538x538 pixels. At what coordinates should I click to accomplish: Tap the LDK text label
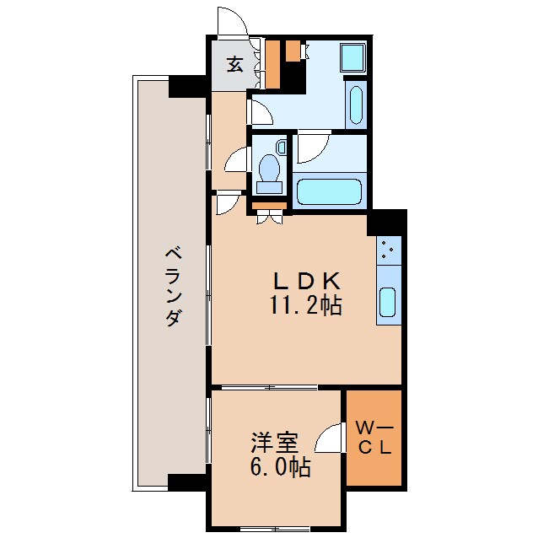305,281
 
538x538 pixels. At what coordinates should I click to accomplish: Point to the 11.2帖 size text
305,305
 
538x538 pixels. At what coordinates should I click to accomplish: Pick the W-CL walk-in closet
374,438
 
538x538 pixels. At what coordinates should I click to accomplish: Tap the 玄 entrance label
235,64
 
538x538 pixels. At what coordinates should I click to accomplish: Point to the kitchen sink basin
387,302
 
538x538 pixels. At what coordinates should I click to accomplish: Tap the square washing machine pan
352,57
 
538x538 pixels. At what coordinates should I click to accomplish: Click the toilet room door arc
235,160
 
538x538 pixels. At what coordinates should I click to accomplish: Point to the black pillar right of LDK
386,223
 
